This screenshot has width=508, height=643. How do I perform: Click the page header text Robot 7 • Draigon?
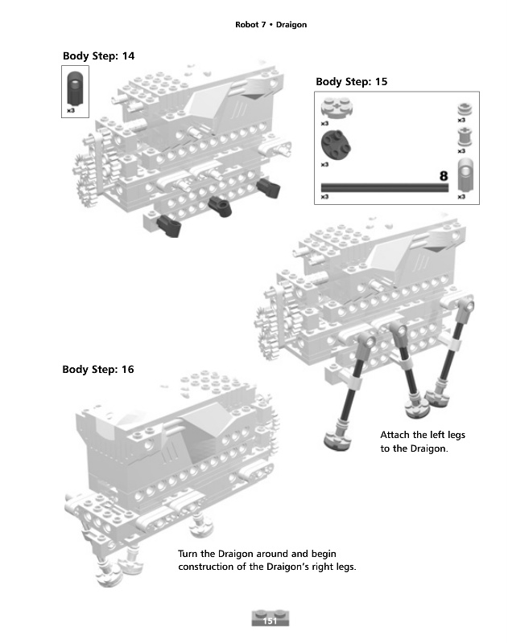tap(271, 25)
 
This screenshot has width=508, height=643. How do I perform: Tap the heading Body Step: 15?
tap(351, 81)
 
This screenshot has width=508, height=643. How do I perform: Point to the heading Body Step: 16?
tap(98, 370)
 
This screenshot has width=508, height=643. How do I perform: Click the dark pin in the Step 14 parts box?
tap(75, 87)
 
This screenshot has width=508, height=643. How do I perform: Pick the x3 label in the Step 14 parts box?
tap(71, 110)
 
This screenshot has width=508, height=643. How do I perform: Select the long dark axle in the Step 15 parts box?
tap(384, 187)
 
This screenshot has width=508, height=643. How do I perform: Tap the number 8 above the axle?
tap(443, 175)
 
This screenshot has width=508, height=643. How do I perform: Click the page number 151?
tap(271, 620)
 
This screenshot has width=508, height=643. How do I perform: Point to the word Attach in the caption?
tap(394, 435)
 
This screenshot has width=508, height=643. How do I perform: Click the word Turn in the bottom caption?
tap(188, 554)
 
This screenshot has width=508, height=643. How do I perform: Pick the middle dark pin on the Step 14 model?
tap(219, 205)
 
